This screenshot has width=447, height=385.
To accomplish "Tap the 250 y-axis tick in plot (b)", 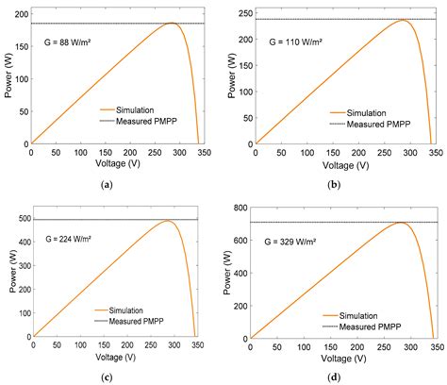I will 243,12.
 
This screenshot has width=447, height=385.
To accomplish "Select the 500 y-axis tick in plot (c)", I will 21,219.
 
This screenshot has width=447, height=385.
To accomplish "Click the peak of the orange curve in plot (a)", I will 174,24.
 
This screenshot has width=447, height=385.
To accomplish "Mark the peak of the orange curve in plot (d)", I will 400,223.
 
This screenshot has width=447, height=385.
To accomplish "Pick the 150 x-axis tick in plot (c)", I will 106,344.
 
